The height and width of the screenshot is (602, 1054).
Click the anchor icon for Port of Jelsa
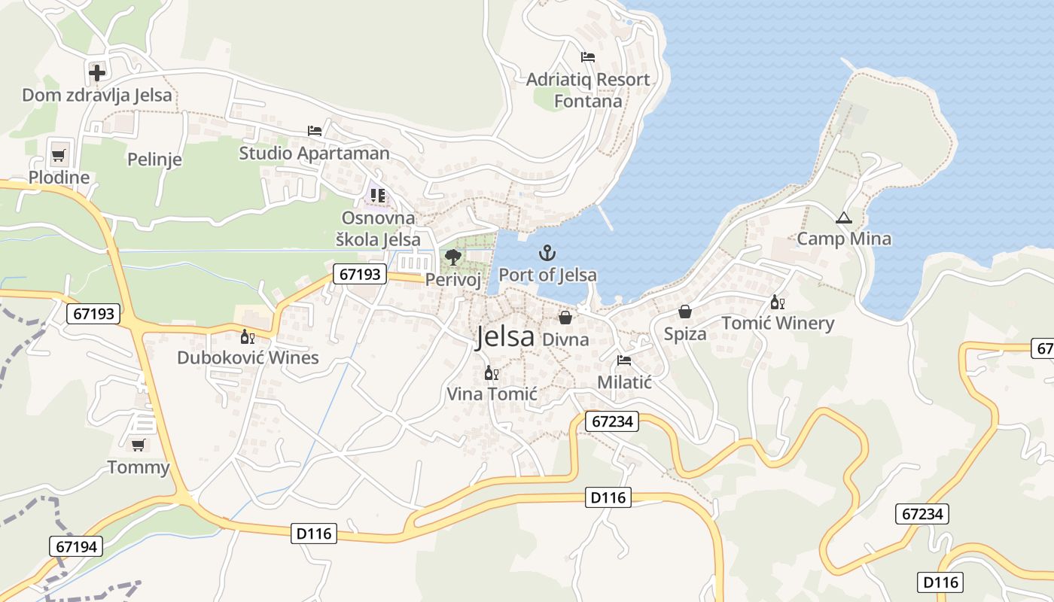pyautogui.click(x=547, y=253)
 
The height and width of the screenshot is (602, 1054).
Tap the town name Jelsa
pyautogui.click(x=504, y=337)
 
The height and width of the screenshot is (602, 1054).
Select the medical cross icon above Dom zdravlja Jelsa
pyautogui.click(x=97, y=73)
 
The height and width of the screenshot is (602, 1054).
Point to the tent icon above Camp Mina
pyautogui.click(x=843, y=219)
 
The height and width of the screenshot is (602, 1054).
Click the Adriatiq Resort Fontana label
pyautogui.click(x=588, y=90)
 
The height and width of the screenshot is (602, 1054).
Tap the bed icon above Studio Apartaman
pyautogui.click(x=315, y=131)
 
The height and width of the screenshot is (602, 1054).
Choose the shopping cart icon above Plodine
pyautogui.click(x=58, y=156)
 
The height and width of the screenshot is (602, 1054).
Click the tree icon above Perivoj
pyautogui.click(x=452, y=257)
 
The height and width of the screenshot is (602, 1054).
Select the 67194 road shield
pyautogui.click(x=77, y=546)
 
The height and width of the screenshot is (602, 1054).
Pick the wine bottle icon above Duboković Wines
pyautogui.click(x=247, y=336)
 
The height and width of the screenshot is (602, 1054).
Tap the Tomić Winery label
pyautogui.click(x=778, y=324)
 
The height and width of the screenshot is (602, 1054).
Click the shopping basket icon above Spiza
pyautogui.click(x=685, y=312)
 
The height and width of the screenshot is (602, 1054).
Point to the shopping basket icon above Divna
pyautogui.click(x=565, y=318)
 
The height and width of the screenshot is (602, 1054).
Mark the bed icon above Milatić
pyautogui.click(x=623, y=360)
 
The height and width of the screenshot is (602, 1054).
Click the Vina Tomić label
pyautogui.click(x=492, y=394)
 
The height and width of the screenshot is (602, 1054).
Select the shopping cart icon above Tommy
pyautogui.click(x=138, y=445)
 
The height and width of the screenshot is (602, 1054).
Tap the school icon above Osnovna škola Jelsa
pyautogui.click(x=378, y=196)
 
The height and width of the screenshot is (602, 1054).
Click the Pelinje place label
pyautogui.click(x=154, y=160)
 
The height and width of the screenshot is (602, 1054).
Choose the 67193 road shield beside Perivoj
pyautogui.click(x=360, y=274)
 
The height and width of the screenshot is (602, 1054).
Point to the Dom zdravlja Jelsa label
pyautogui.click(x=97, y=96)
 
